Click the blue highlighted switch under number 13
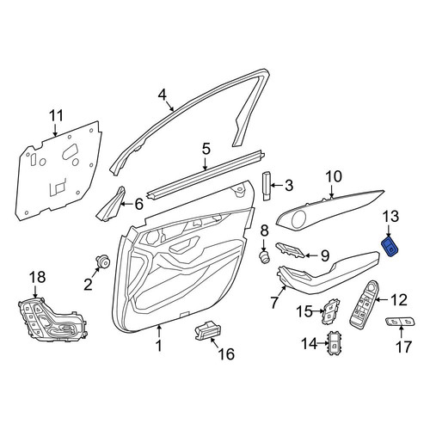(390, 246)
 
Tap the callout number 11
(56, 116)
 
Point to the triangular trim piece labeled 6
(112, 205)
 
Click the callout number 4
(163, 95)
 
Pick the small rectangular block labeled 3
(267, 187)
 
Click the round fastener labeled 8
(264, 255)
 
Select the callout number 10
(334, 177)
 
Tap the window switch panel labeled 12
(364, 304)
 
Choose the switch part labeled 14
(334, 343)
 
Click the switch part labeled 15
(330, 312)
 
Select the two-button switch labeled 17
(401, 322)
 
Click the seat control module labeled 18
(52, 320)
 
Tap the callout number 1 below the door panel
(159, 346)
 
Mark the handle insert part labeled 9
(290, 249)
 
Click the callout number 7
(274, 303)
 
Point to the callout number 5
(206, 150)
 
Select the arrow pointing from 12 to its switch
(380, 300)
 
